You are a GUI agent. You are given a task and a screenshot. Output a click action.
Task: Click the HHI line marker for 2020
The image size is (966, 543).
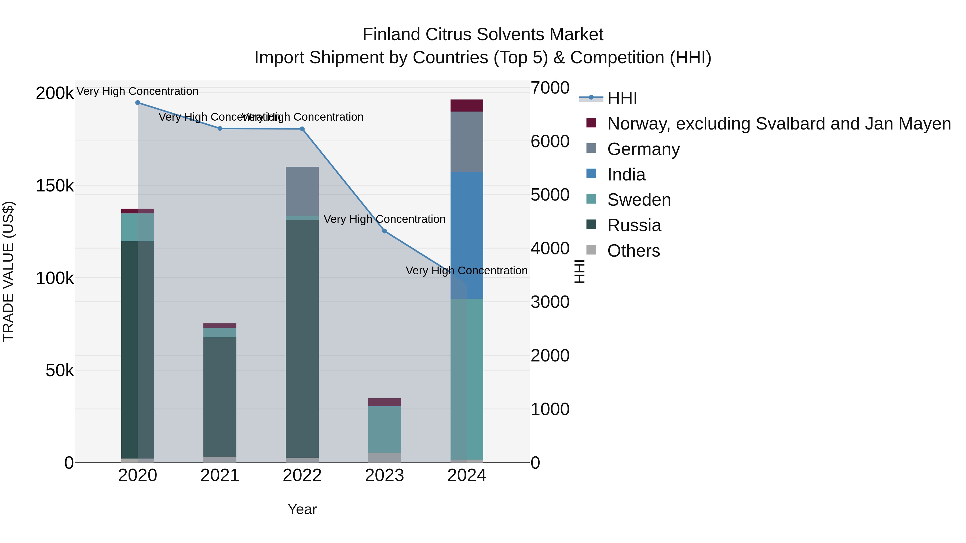138,103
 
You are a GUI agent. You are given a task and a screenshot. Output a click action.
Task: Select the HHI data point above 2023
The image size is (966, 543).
384,231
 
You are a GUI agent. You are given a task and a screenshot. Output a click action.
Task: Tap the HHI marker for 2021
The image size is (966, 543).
220,128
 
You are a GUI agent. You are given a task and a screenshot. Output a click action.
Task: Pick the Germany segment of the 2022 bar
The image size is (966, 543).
302,191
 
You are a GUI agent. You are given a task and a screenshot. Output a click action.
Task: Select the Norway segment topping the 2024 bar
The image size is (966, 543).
467,106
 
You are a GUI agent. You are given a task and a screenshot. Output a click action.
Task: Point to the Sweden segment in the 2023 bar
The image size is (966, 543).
384,429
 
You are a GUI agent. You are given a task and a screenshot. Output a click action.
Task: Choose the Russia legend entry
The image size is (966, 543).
634,225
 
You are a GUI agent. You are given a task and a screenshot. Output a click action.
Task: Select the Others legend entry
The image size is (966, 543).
633,251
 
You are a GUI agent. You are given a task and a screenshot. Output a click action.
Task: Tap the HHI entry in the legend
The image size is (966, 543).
622,98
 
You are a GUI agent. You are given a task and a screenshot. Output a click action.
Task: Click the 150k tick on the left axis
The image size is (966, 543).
55,186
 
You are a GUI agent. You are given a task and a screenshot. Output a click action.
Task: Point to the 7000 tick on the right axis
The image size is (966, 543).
550,88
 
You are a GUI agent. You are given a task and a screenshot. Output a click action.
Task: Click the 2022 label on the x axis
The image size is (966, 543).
302,475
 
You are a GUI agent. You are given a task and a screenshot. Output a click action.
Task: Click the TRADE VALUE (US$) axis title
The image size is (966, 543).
8,271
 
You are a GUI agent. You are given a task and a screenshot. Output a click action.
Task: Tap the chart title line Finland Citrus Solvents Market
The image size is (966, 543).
483,35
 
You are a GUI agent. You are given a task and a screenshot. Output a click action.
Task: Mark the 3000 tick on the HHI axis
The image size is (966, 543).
550,302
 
